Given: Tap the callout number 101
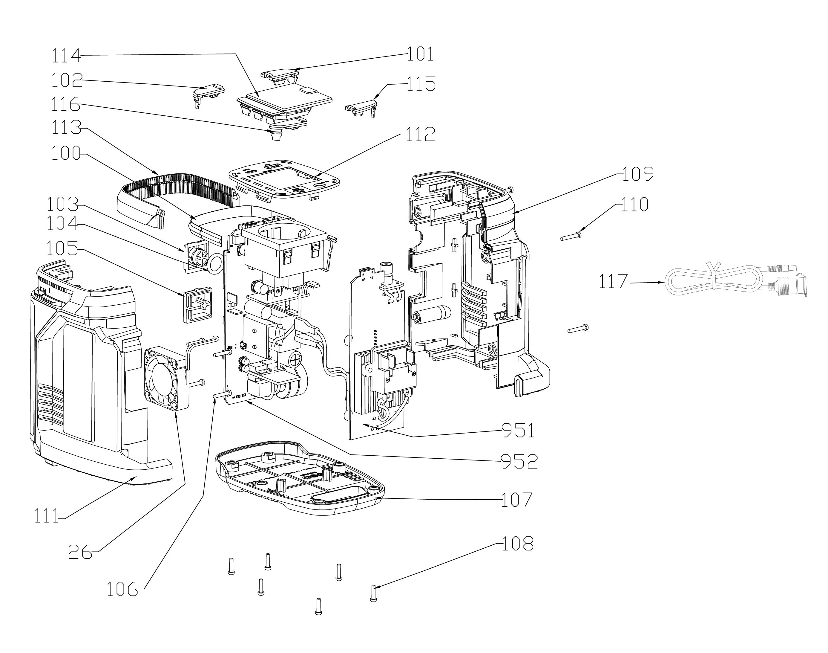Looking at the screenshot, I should click(x=420, y=54).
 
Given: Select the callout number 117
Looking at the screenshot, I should click(x=613, y=282).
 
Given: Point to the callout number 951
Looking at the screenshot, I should click(x=517, y=431).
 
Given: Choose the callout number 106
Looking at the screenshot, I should click(x=122, y=589).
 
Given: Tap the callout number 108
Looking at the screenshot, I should click(x=517, y=544).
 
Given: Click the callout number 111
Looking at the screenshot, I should click(x=47, y=516).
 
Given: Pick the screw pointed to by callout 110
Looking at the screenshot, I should click(x=571, y=237).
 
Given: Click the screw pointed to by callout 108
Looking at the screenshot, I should click(x=373, y=593).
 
